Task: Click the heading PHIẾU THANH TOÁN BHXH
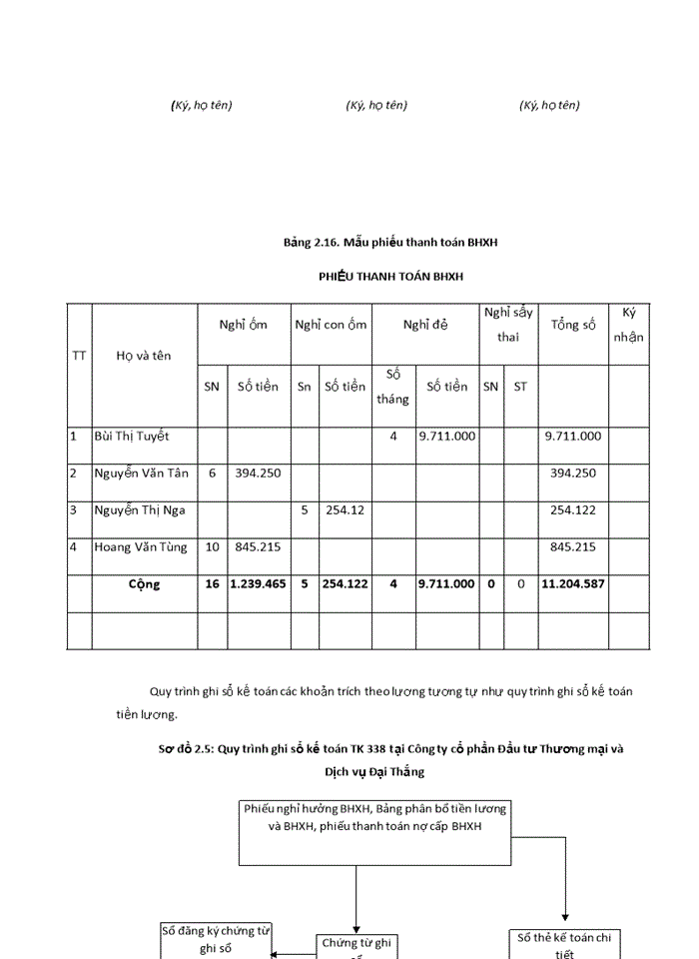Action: coord(390,276)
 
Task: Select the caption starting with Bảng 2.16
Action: coord(390,242)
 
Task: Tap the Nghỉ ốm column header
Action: coord(244,325)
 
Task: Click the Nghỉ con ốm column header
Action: coord(331,325)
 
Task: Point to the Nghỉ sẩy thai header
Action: coord(508,325)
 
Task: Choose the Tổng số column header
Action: coord(573,326)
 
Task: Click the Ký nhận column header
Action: coord(628,325)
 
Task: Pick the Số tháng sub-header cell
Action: coord(392,387)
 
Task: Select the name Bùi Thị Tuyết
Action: coord(132,437)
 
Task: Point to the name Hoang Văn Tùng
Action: coord(140,547)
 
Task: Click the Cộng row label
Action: coord(144,584)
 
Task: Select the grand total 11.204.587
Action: coord(573,584)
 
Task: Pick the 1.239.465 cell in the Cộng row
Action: coord(259,584)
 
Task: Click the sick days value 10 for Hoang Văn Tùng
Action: coord(212,547)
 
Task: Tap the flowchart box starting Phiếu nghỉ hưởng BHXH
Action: coord(374,831)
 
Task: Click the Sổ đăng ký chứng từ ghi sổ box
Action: coord(216,940)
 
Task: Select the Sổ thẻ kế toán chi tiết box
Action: coord(565,944)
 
